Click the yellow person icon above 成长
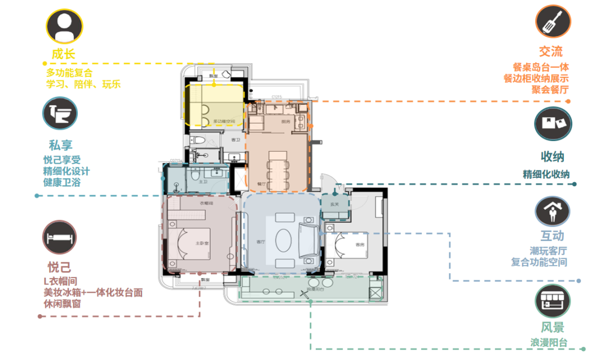tap(64, 27)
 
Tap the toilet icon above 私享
tap(60, 113)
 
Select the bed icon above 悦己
tap(60, 237)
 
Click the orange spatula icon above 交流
tap(553, 21)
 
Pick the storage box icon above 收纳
tap(553, 124)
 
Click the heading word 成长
tap(63, 55)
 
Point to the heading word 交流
tap(550, 52)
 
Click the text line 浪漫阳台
tap(549, 343)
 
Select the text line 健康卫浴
tap(62, 182)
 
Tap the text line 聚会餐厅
tap(550, 89)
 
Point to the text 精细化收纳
tap(546, 174)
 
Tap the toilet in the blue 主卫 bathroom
tap(195, 176)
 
